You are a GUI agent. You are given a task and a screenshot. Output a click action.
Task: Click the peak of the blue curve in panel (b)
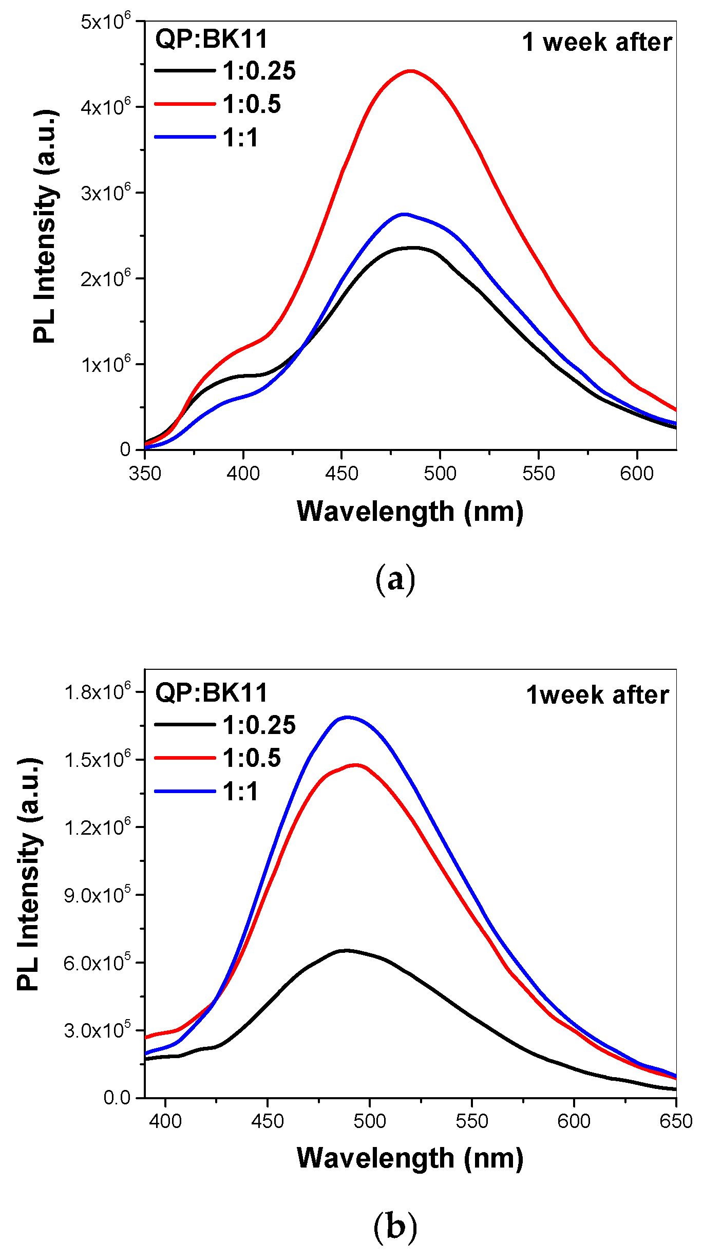point(348,717)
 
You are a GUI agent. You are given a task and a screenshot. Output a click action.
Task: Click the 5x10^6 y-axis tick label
point(105,22)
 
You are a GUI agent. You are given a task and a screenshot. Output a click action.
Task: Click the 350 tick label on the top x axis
point(145,474)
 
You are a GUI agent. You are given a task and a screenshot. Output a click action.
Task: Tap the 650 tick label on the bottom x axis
point(676,1121)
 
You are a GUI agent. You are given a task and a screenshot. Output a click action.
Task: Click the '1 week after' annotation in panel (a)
point(597,43)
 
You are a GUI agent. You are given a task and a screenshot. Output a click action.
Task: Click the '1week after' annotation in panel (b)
point(597,695)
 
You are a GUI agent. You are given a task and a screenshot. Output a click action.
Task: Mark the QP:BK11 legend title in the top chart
point(212,39)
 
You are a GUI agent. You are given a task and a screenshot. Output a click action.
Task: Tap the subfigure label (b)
point(395,1227)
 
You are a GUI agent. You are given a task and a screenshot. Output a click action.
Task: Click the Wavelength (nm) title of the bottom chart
point(410,1158)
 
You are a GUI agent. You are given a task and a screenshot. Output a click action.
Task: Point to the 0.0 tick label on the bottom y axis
point(117,1097)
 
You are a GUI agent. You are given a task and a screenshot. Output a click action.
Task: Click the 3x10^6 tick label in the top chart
point(105,193)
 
